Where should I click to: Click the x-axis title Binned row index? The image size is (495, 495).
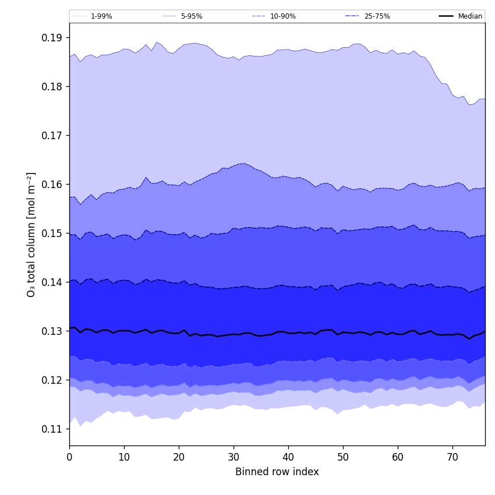(x=277, y=472)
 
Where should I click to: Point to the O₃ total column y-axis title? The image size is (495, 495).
(x=31, y=234)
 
